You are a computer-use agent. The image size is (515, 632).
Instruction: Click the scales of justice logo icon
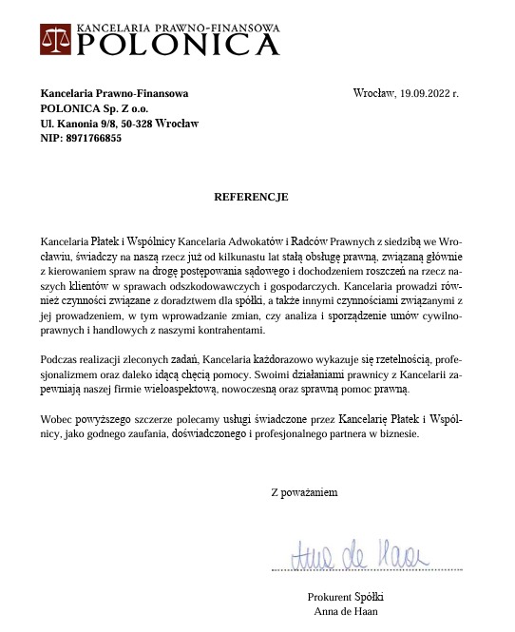(56, 40)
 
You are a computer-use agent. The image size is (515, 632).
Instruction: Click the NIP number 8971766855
(94, 138)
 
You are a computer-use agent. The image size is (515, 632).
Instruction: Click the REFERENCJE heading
(251, 197)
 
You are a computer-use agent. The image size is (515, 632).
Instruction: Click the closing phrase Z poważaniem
(304, 492)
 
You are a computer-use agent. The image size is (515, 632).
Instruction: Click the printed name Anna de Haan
(346, 611)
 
